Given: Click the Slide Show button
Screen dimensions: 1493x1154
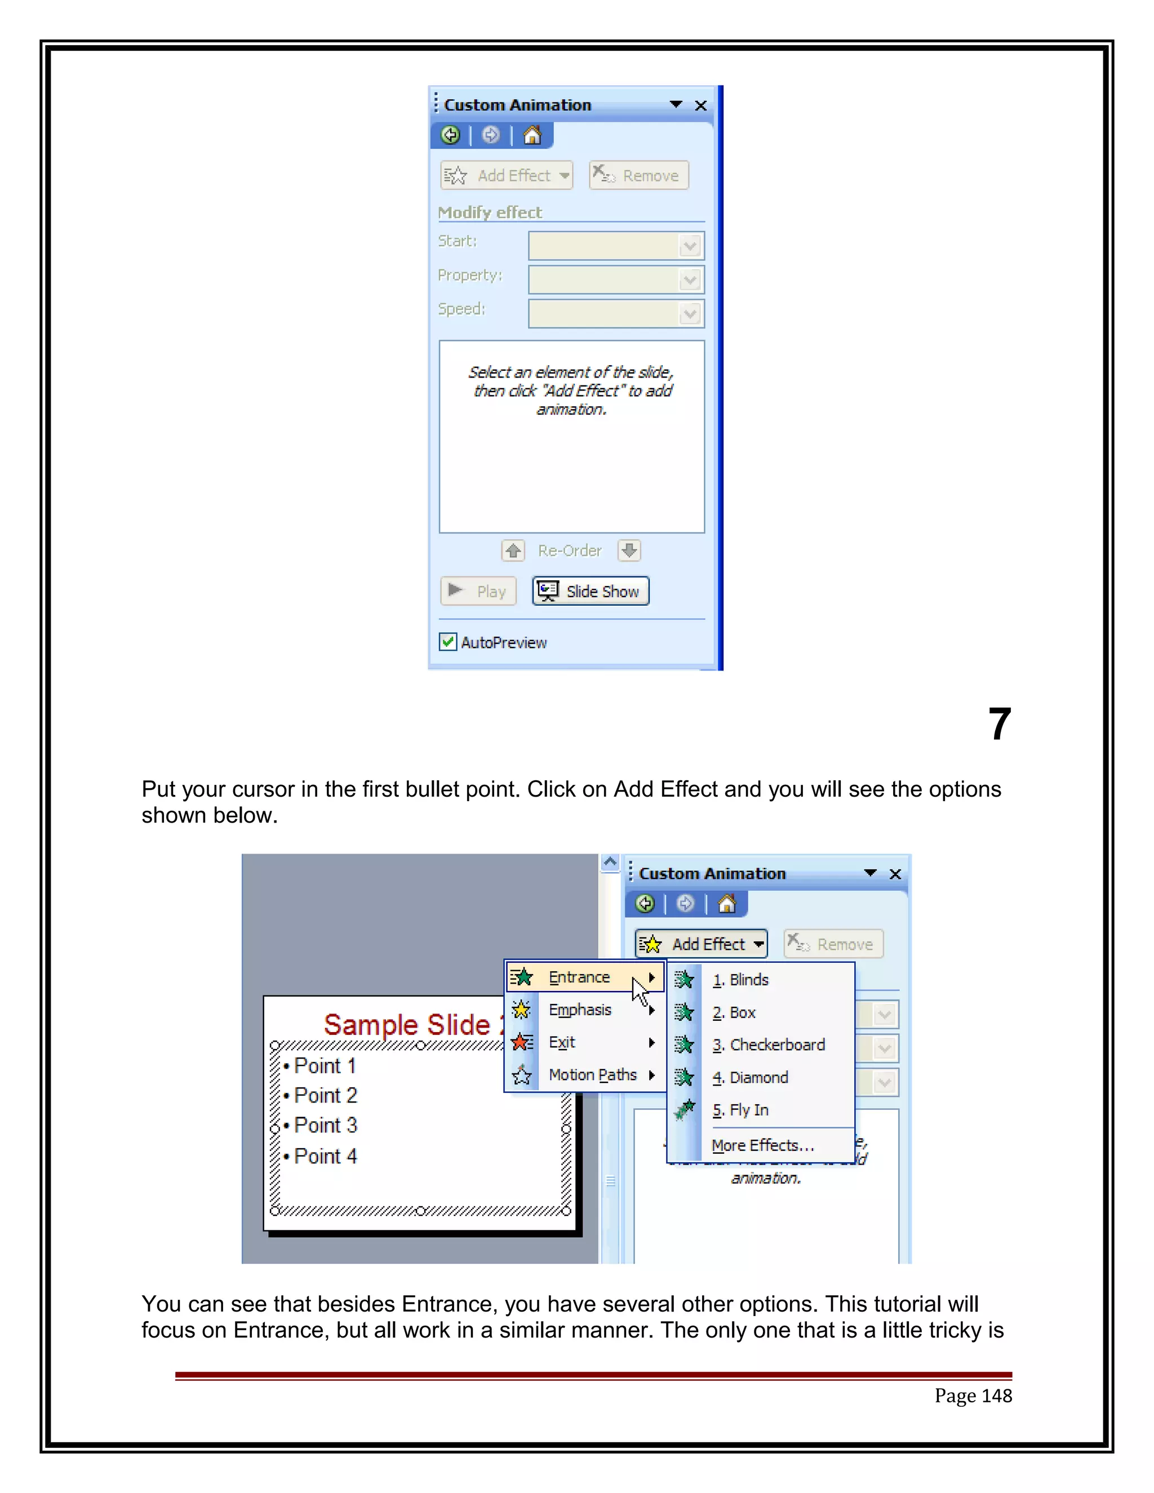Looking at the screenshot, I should pos(591,592).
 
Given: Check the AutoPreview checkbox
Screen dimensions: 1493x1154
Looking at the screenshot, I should pos(448,642).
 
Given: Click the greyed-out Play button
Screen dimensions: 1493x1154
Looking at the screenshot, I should pos(478,592).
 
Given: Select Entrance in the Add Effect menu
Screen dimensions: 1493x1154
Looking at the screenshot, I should pos(579,977).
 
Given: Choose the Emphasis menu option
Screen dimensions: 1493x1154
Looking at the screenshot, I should pos(580,1010).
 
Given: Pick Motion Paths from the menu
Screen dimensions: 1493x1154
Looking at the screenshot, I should pos(592,1074).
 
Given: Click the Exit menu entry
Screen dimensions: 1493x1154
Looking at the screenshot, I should pos(562,1042).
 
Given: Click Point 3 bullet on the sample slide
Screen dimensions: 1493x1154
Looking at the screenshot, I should pos(326,1125).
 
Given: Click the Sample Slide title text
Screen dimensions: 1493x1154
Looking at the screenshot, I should pos(407,1025).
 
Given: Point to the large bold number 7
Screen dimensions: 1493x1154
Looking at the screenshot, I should pos(999,725).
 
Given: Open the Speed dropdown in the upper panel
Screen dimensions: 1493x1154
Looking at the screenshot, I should pos(690,314).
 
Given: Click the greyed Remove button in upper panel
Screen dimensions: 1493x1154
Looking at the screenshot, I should pos(638,176).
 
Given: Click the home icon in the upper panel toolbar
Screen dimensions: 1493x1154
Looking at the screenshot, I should pos(532,135).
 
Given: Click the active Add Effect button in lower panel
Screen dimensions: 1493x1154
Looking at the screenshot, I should pos(701,944).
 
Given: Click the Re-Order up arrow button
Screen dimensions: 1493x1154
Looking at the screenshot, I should pos(513,550).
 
